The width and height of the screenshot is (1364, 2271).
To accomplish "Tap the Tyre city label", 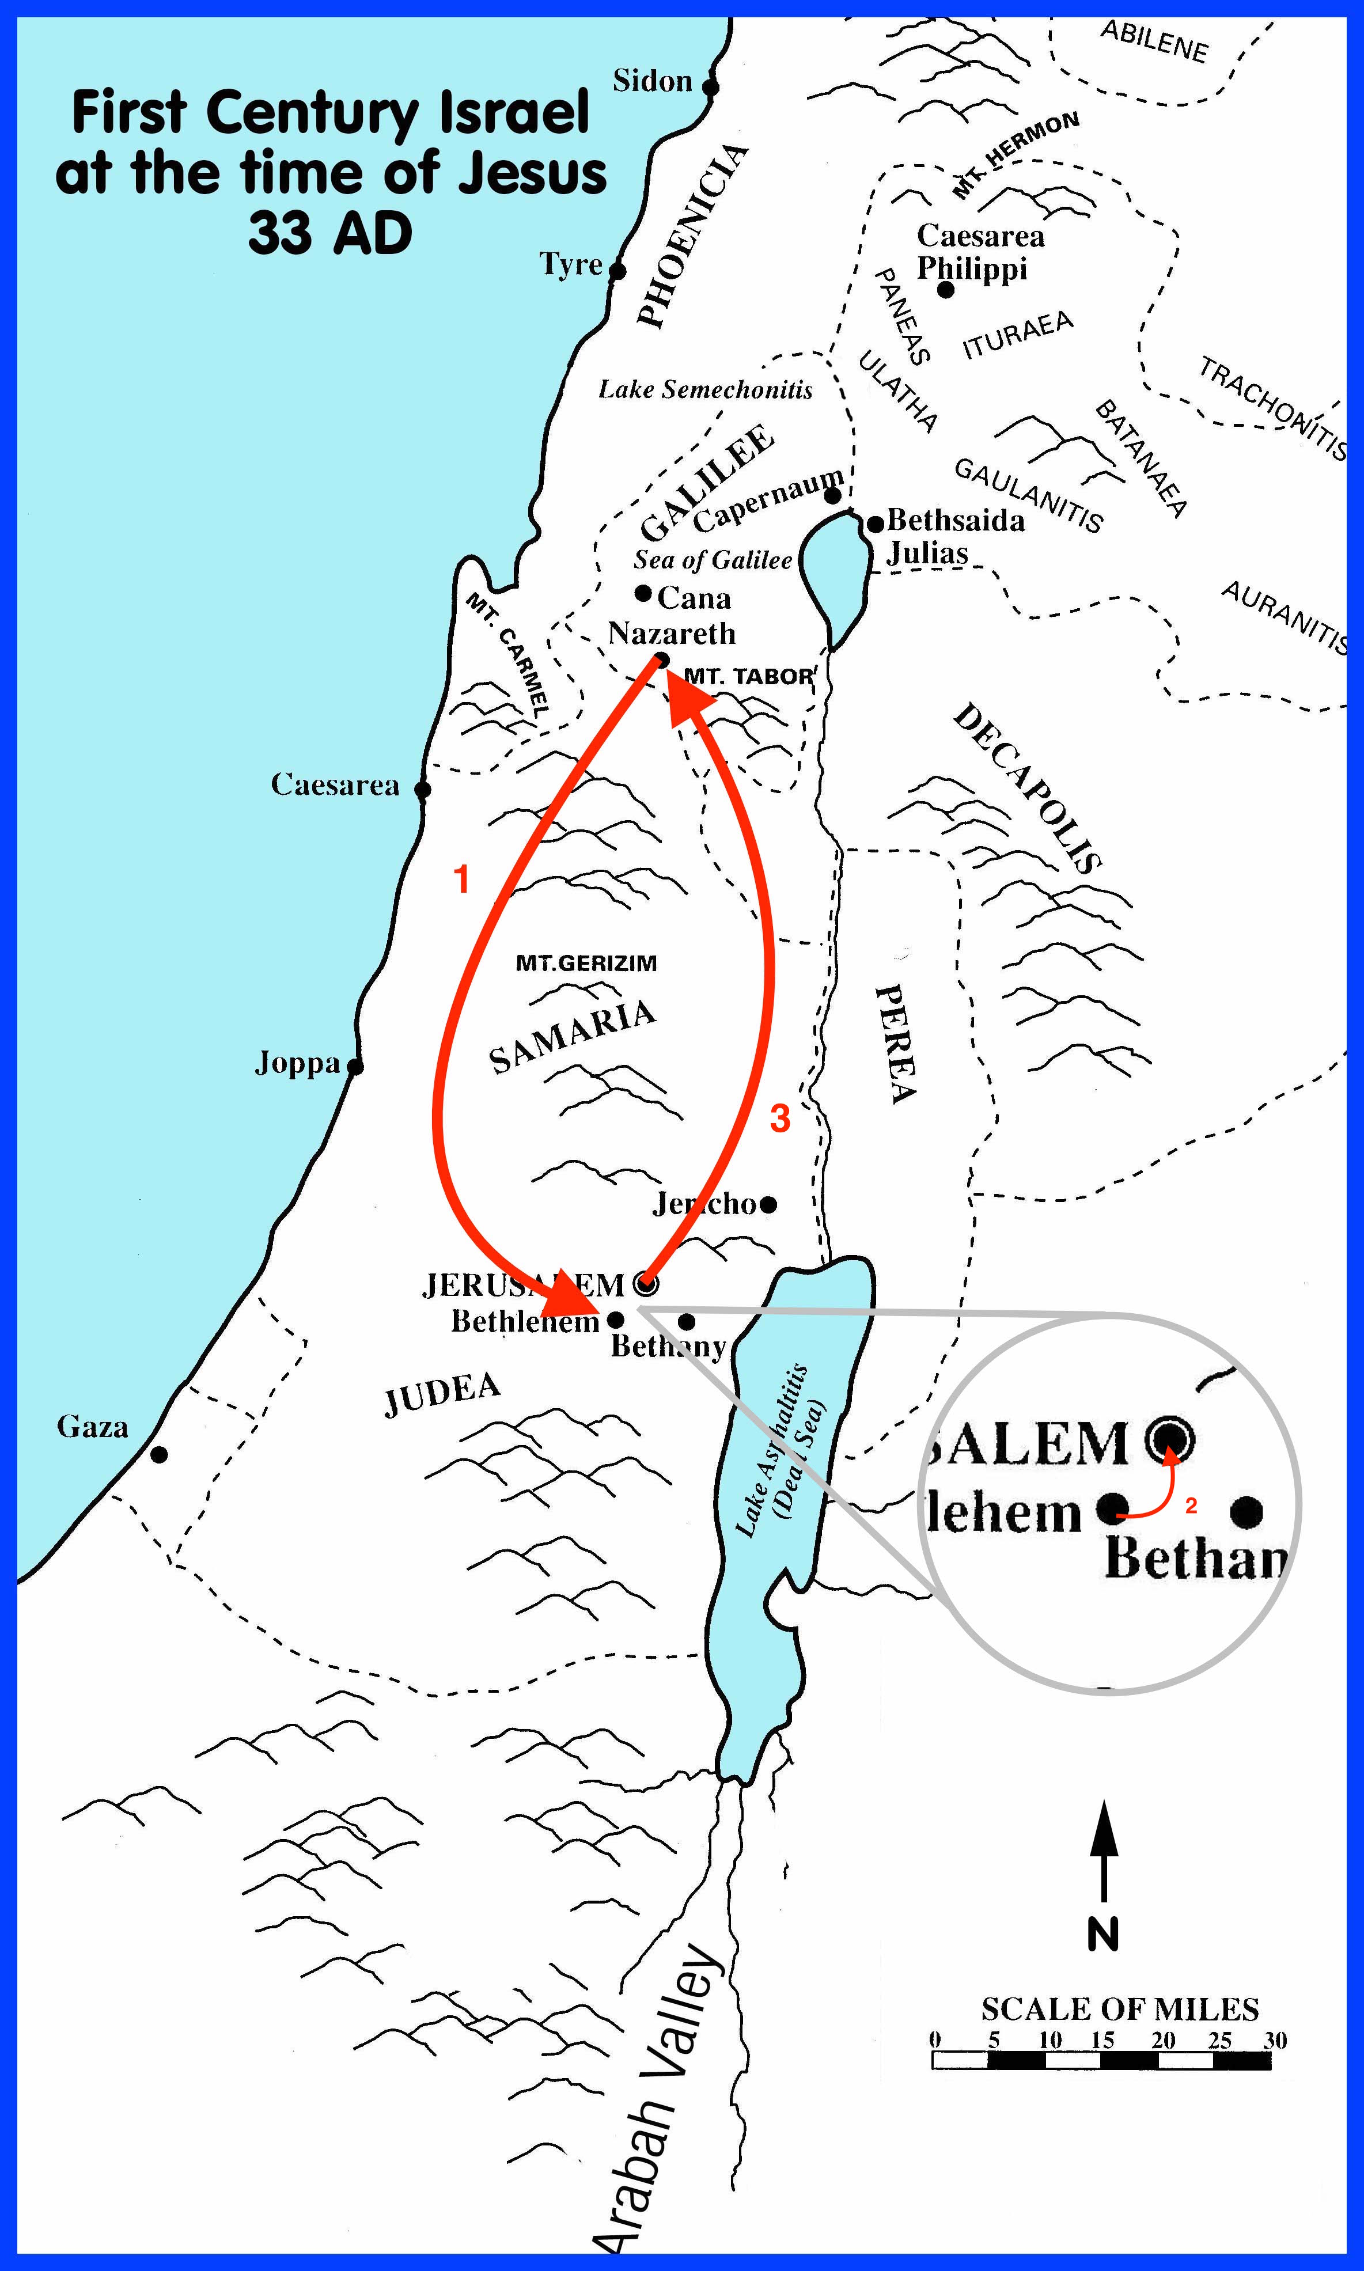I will click(x=570, y=265).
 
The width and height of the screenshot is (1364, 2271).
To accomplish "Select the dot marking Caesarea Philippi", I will click(x=946, y=290).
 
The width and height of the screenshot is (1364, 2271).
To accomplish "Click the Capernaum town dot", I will click(x=833, y=496).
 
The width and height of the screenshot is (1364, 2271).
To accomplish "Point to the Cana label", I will click(x=694, y=598).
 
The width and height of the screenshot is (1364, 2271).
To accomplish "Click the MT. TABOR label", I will click(x=748, y=676).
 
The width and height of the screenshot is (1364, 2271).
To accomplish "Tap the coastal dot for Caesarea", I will click(x=423, y=790).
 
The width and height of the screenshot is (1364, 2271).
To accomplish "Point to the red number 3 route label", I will click(x=779, y=1119).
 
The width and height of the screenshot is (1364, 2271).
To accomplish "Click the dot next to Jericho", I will click(x=768, y=1204).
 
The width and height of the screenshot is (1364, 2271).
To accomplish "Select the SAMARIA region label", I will click(x=572, y=1037).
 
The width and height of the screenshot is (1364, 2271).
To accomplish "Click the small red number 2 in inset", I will click(x=1191, y=1506).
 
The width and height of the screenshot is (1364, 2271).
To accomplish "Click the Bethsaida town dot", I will click(x=876, y=524).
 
